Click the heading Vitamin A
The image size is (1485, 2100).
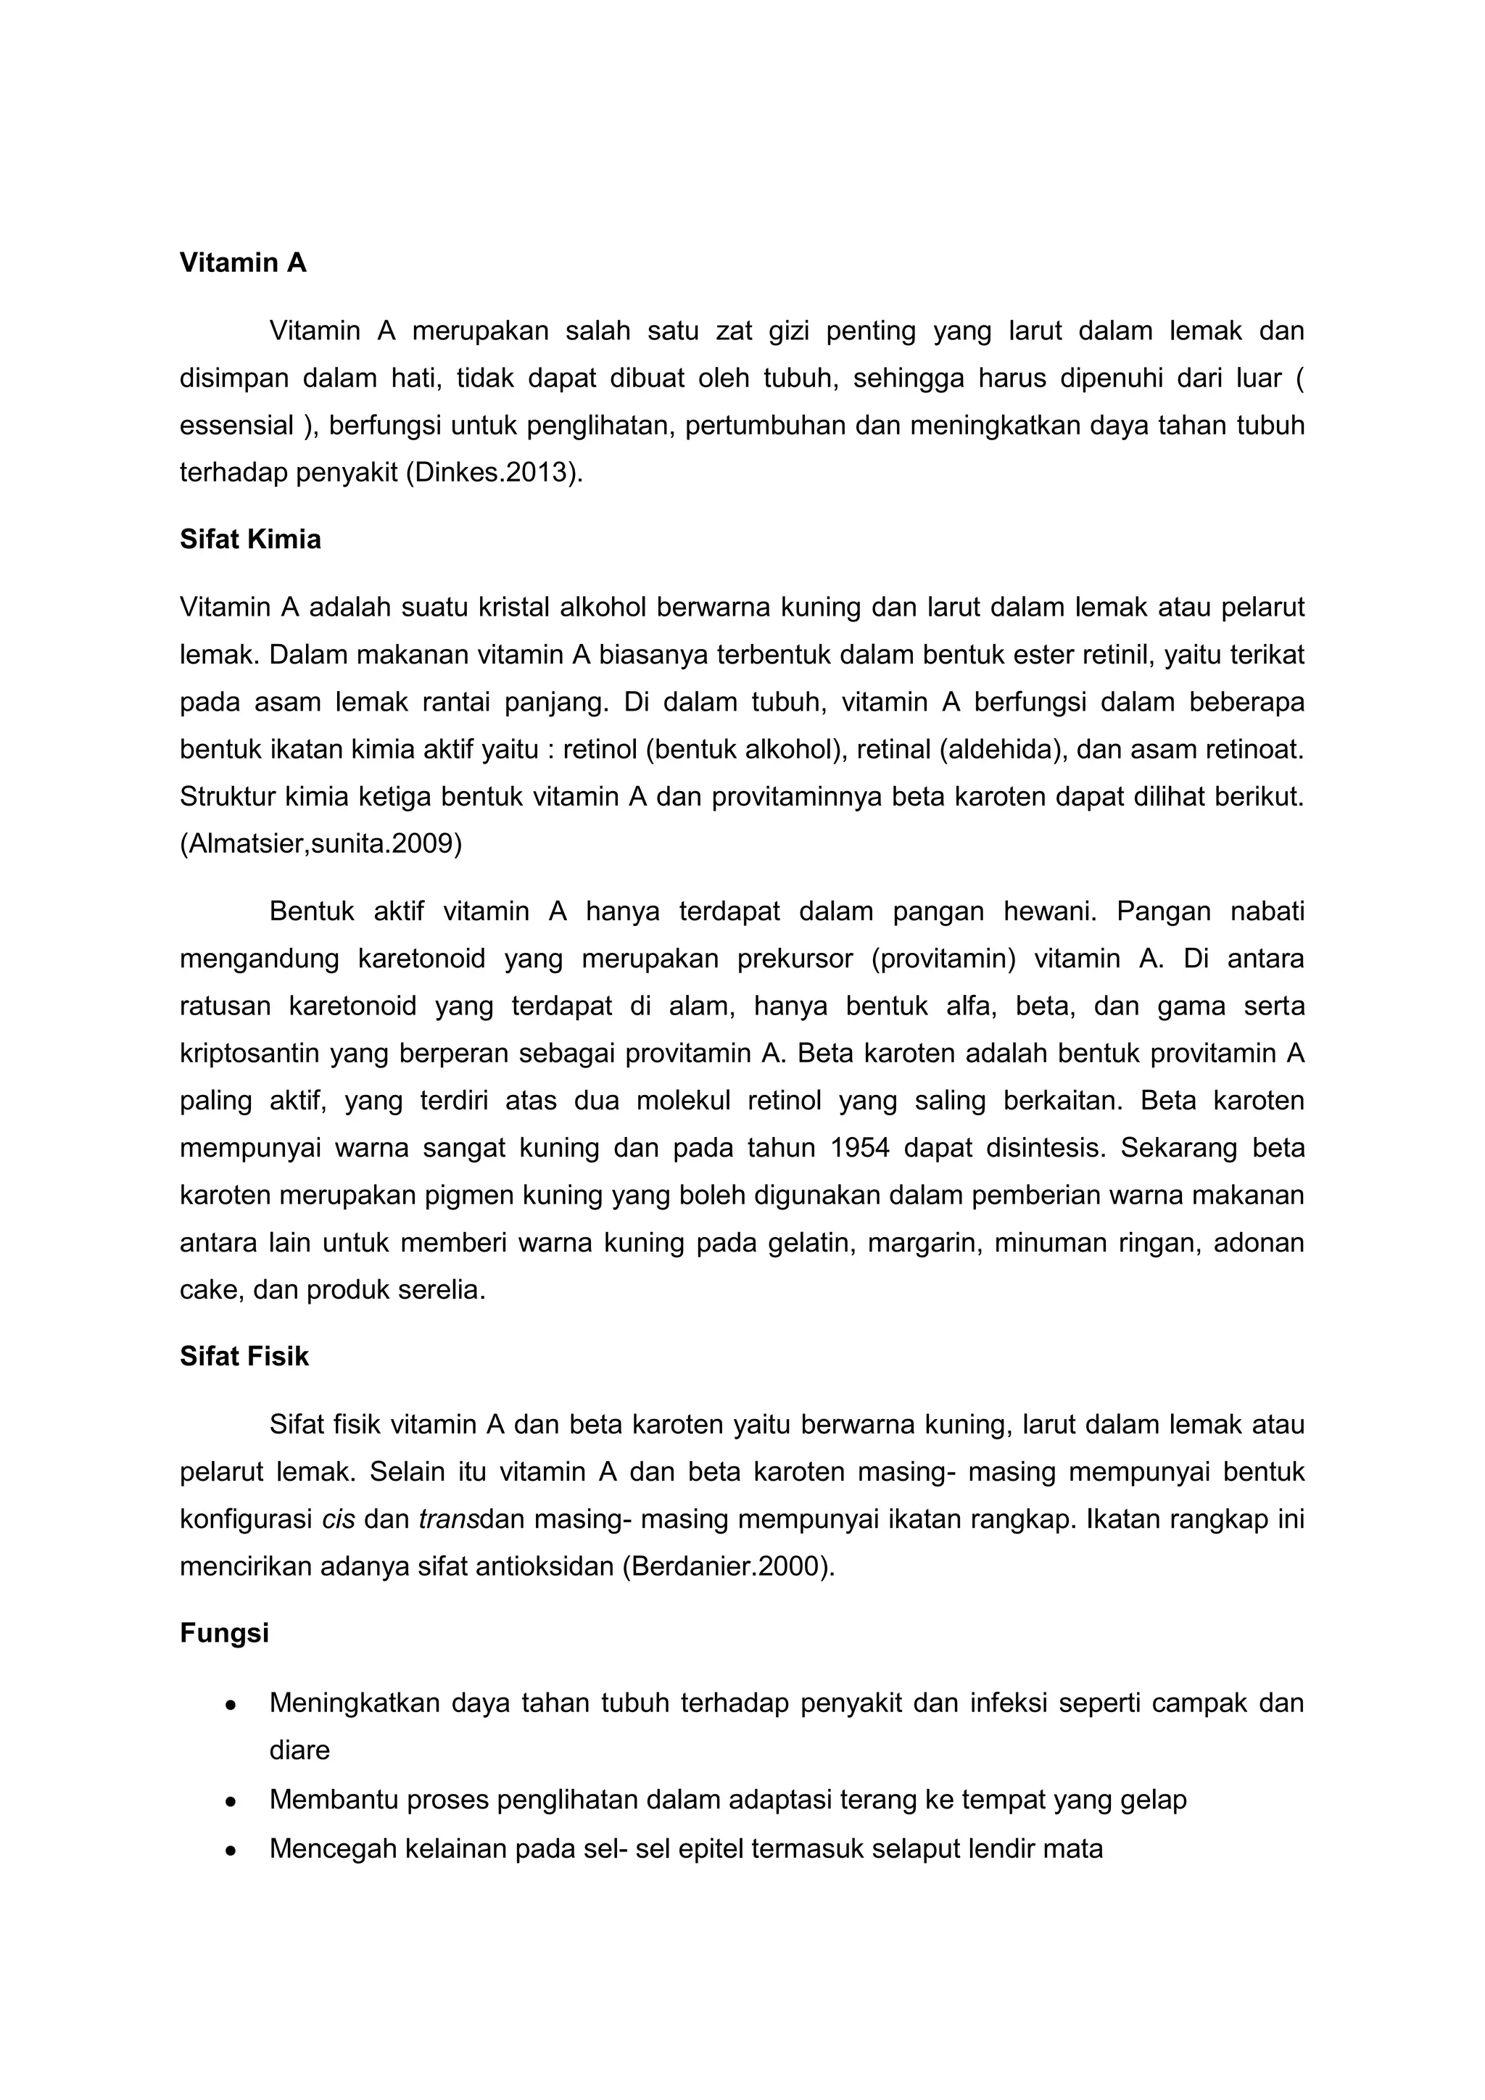(x=242, y=263)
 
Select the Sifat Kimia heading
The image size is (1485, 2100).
(x=249, y=540)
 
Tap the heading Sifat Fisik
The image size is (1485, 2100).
(x=244, y=1357)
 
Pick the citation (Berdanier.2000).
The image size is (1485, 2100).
(x=729, y=1567)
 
